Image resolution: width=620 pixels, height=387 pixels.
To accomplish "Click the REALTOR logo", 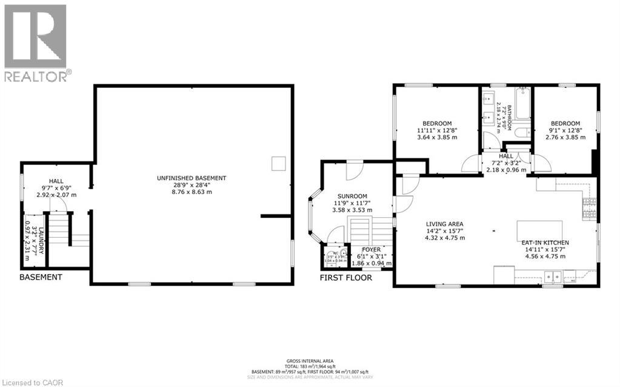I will point(36,42).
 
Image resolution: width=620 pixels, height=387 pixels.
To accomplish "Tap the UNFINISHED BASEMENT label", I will point(191,178).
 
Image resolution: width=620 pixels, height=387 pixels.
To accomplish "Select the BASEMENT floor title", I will point(41,277).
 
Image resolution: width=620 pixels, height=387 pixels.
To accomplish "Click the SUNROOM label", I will point(352,196).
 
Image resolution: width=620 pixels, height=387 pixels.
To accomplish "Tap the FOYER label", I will point(371,249).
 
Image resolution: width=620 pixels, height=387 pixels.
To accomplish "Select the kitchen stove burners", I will point(587,210).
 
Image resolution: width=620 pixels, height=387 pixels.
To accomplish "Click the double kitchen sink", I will point(553,278).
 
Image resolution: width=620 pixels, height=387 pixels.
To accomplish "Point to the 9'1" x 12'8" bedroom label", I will point(565,123).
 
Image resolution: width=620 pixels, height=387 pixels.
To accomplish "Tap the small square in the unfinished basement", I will point(278,163).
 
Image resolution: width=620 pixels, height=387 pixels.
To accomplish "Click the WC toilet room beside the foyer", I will point(335,257).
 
